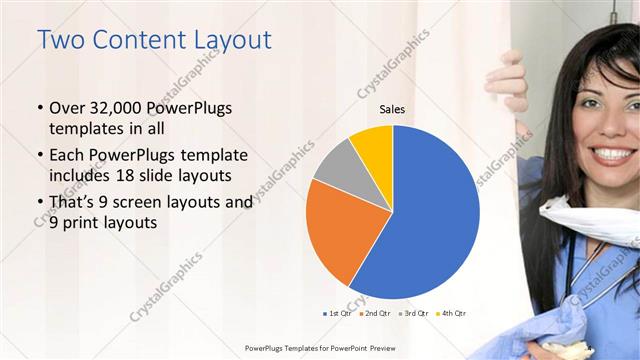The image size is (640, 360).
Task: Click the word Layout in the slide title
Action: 224,40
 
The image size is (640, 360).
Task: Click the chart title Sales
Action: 392,110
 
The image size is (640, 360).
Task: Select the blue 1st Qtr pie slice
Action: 430,220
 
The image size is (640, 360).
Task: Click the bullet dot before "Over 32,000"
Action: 39,109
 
